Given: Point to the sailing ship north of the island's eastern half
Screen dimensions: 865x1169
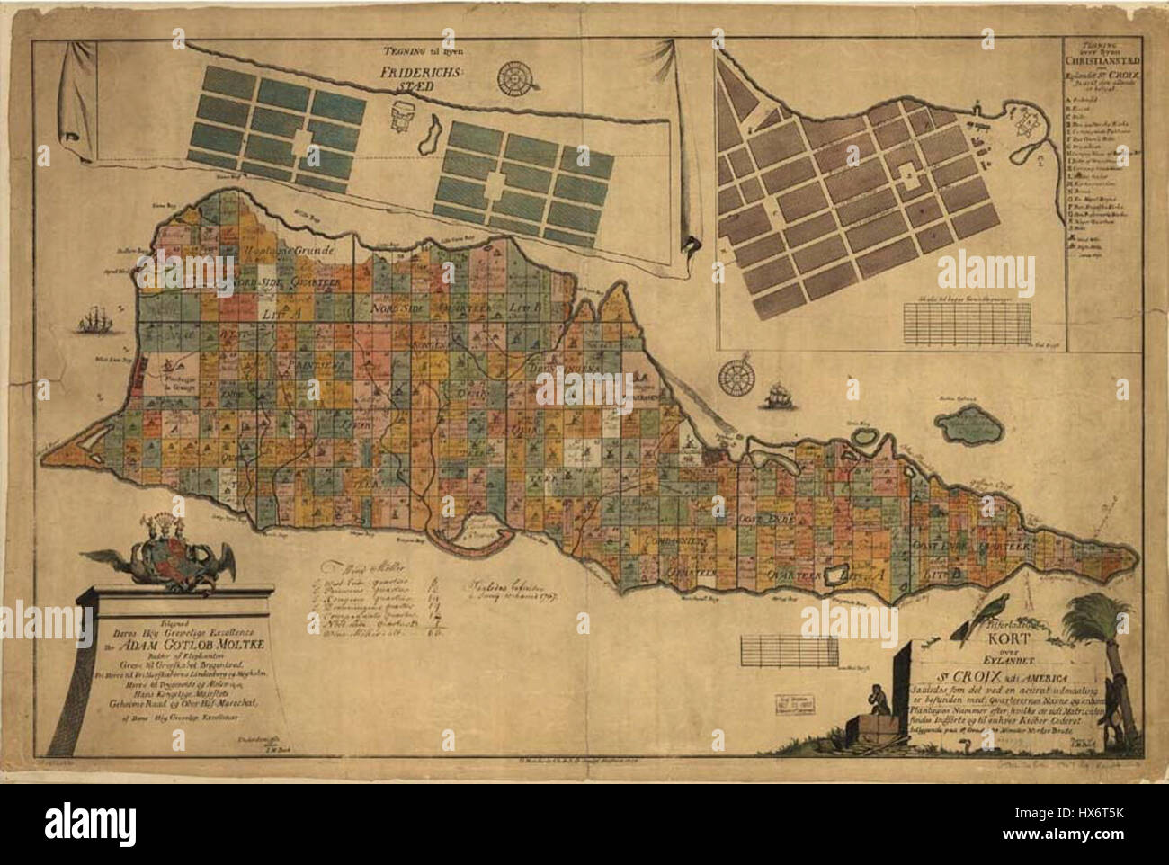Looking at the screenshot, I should click(x=777, y=392).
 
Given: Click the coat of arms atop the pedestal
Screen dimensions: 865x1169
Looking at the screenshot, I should click(x=174, y=552).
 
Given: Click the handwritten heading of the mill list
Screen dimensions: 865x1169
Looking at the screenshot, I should click(x=360, y=568).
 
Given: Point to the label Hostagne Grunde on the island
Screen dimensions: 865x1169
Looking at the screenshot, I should click(x=301, y=254).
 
